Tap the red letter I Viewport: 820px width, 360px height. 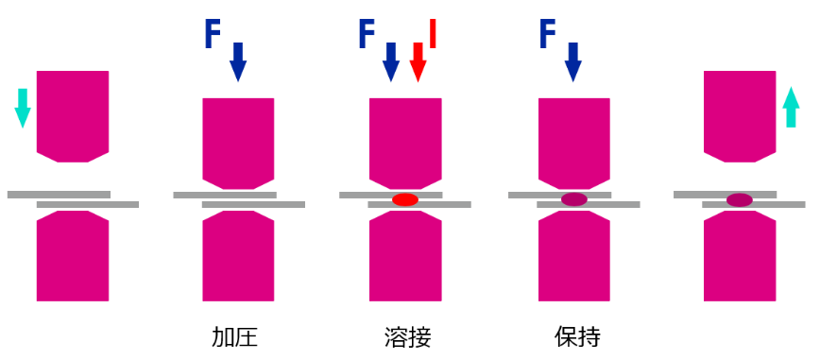[432, 33]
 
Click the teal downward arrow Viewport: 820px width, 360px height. [23, 107]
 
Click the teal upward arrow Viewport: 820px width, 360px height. [792, 107]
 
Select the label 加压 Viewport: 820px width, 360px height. [234, 337]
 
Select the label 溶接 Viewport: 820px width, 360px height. [407, 337]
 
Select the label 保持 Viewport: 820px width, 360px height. [577, 337]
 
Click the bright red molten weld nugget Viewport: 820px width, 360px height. [405, 199]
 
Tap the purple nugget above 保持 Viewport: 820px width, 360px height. [574, 199]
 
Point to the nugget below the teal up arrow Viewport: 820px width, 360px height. [740, 199]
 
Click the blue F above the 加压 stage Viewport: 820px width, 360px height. [214, 34]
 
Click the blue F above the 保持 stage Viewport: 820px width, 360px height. [548, 34]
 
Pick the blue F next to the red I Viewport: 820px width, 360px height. [367, 34]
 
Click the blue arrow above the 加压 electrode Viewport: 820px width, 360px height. [238, 62]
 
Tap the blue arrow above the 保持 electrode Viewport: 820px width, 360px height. [572, 62]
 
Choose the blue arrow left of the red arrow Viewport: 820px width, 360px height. [391, 62]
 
